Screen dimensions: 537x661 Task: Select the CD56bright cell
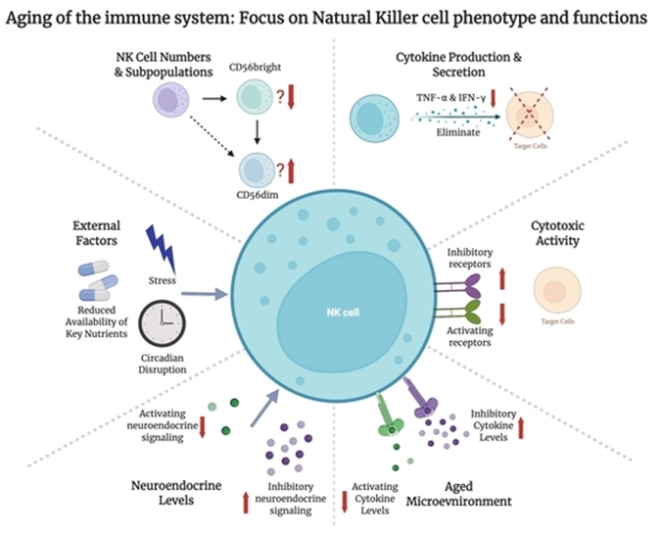pyautogui.click(x=258, y=99)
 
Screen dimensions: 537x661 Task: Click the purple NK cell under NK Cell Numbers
pyautogui.click(x=168, y=99)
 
